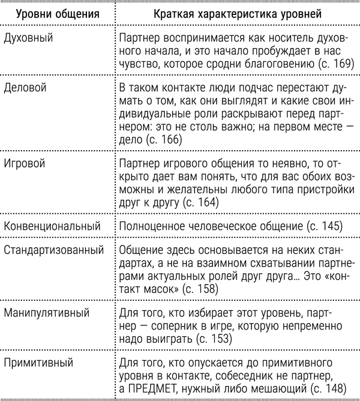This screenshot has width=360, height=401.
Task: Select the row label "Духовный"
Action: pyautogui.click(x=28, y=38)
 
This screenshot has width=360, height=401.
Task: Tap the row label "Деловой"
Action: pyautogui.click(x=26, y=88)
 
